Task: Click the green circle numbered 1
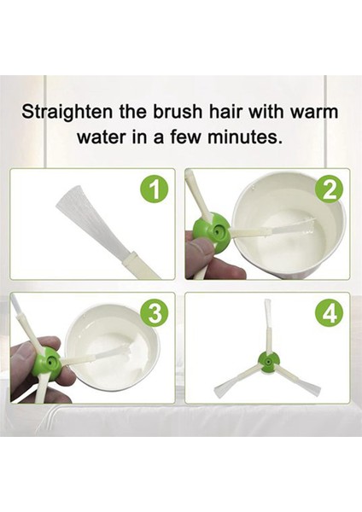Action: click(x=154, y=190)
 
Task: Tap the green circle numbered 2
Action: click(x=330, y=190)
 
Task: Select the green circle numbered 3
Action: click(x=154, y=314)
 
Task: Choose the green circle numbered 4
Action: click(x=330, y=314)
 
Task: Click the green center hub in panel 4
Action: click(x=269, y=362)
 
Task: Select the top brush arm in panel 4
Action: click(x=267, y=327)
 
